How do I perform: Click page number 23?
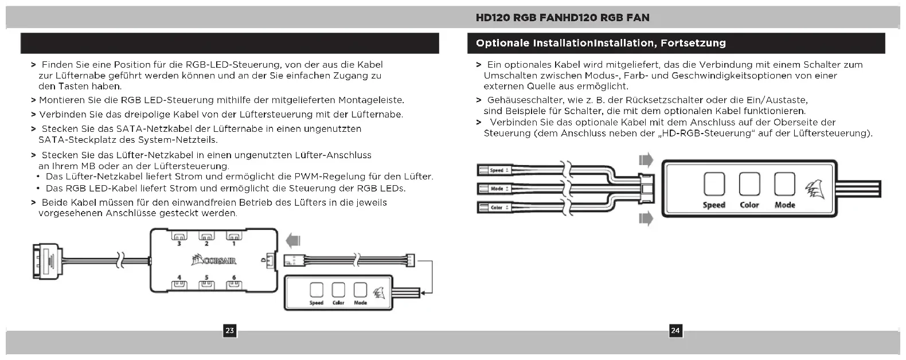[x=229, y=331]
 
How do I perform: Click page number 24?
[x=675, y=331]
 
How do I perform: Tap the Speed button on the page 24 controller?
[x=714, y=185]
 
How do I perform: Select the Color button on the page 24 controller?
[x=749, y=185]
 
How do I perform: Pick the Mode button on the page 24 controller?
[x=784, y=185]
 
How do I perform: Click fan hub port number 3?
[x=178, y=236]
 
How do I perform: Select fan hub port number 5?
[x=206, y=283]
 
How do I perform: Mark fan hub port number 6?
[x=233, y=283]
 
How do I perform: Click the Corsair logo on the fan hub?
[x=214, y=261]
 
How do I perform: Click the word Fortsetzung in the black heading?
[x=693, y=43]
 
